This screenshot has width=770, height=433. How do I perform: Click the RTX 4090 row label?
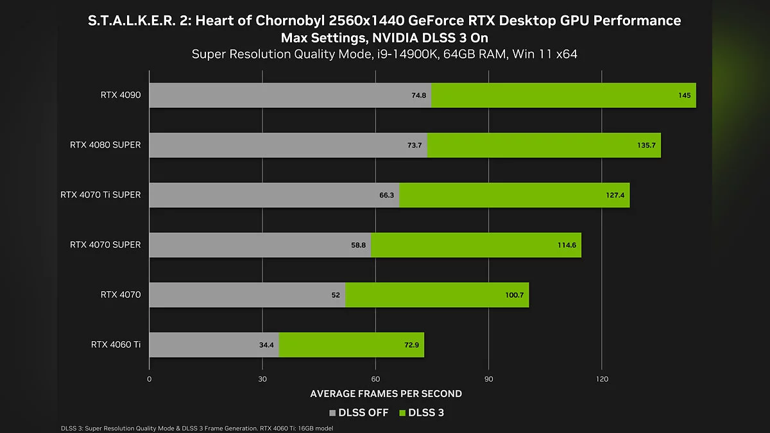(x=120, y=95)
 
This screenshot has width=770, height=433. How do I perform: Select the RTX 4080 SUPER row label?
(x=105, y=145)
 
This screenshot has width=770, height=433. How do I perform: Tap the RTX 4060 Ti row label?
(x=116, y=345)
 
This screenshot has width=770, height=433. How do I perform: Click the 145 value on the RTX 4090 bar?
(x=684, y=96)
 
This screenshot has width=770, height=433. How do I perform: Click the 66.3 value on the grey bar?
(x=386, y=195)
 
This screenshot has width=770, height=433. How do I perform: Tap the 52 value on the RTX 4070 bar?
(x=336, y=295)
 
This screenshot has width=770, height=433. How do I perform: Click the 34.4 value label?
(x=266, y=345)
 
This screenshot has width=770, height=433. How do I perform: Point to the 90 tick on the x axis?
(x=489, y=379)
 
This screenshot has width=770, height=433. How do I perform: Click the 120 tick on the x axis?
(x=602, y=379)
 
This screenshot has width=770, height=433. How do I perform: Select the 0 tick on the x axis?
(x=150, y=379)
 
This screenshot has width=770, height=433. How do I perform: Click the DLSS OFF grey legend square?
(x=332, y=413)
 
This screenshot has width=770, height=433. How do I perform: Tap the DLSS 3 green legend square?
(x=403, y=413)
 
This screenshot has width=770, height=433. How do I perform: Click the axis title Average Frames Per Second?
(x=386, y=394)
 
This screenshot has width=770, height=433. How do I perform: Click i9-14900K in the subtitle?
(x=404, y=54)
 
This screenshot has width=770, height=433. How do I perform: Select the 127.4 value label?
(x=615, y=195)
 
